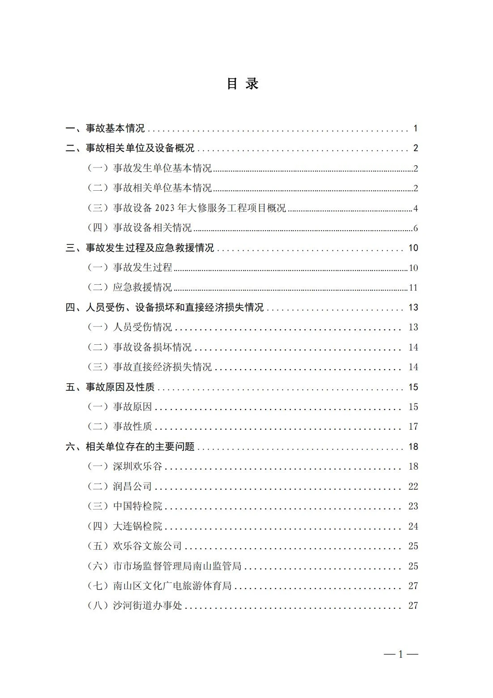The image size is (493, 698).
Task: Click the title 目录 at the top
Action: tap(243, 84)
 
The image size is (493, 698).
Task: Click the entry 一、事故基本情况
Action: tap(105, 128)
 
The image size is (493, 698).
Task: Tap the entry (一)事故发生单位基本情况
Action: tap(149, 168)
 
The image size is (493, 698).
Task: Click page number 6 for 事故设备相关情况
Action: tap(416, 228)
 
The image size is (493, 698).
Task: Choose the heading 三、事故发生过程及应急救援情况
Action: tap(140, 248)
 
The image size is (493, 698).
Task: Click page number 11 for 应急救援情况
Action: tap(413, 287)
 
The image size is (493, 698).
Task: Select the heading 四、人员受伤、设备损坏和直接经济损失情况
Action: tap(165, 308)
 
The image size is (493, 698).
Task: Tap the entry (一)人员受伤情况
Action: tap(129, 327)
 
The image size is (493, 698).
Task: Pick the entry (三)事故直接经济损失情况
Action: tap(149, 367)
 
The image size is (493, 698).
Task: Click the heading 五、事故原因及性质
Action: tap(110, 387)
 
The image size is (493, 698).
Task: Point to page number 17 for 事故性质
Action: tap(413, 427)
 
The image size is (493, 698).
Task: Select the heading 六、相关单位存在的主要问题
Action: tap(130, 446)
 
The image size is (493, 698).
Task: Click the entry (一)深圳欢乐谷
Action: tap(124, 467)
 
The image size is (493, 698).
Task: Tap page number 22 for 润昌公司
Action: tap(413, 486)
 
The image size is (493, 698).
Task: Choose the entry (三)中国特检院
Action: tap(124, 506)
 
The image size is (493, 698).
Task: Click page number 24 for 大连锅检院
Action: tap(413, 526)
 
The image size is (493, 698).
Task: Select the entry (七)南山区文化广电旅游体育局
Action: tap(159, 586)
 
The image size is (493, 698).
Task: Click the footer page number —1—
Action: tap(400, 654)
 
